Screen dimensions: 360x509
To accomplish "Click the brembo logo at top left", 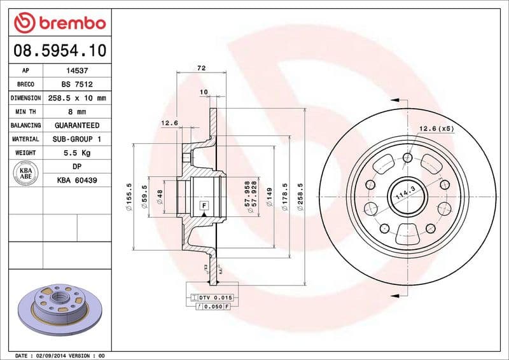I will (x=59, y=23).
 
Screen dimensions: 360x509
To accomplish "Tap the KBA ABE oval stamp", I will (x=26, y=174).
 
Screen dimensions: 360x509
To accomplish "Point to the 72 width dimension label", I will (x=201, y=67).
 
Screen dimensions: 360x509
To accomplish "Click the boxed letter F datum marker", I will (x=204, y=205).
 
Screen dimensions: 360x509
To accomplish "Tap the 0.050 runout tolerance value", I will (x=213, y=307).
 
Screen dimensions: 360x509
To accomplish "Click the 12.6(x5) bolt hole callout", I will (x=436, y=129).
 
